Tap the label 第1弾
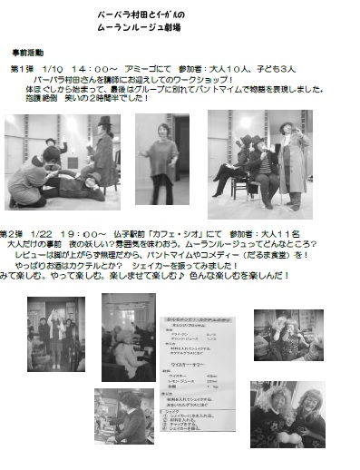click(22, 68)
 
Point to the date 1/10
click(53, 68)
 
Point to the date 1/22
click(47, 234)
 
